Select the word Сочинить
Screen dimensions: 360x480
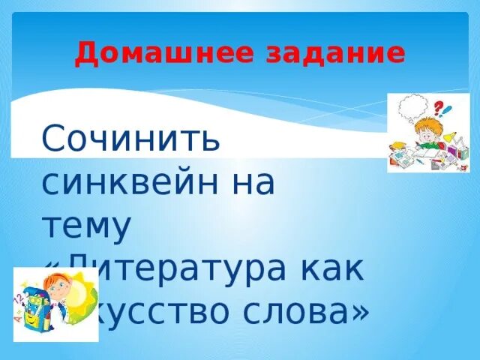coord(131,139)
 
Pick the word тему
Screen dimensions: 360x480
coord(86,226)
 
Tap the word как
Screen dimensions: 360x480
coord(332,268)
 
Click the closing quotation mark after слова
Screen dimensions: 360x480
coord(360,310)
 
